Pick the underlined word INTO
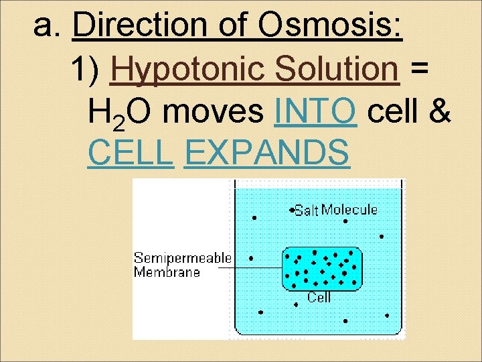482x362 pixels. (x=315, y=112)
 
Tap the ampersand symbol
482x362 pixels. (x=438, y=112)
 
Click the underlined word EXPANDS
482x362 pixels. (x=266, y=154)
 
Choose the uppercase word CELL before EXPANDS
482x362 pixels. (x=131, y=154)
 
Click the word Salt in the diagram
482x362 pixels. (x=307, y=210)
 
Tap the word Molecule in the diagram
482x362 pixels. (x=349, y=210)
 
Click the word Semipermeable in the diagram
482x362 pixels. (x=182, y=258)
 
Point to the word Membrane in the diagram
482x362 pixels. (x=167, y=271)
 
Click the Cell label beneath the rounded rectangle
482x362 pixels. (x=319, y=297)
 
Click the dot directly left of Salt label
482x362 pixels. (x=292, y=210)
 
